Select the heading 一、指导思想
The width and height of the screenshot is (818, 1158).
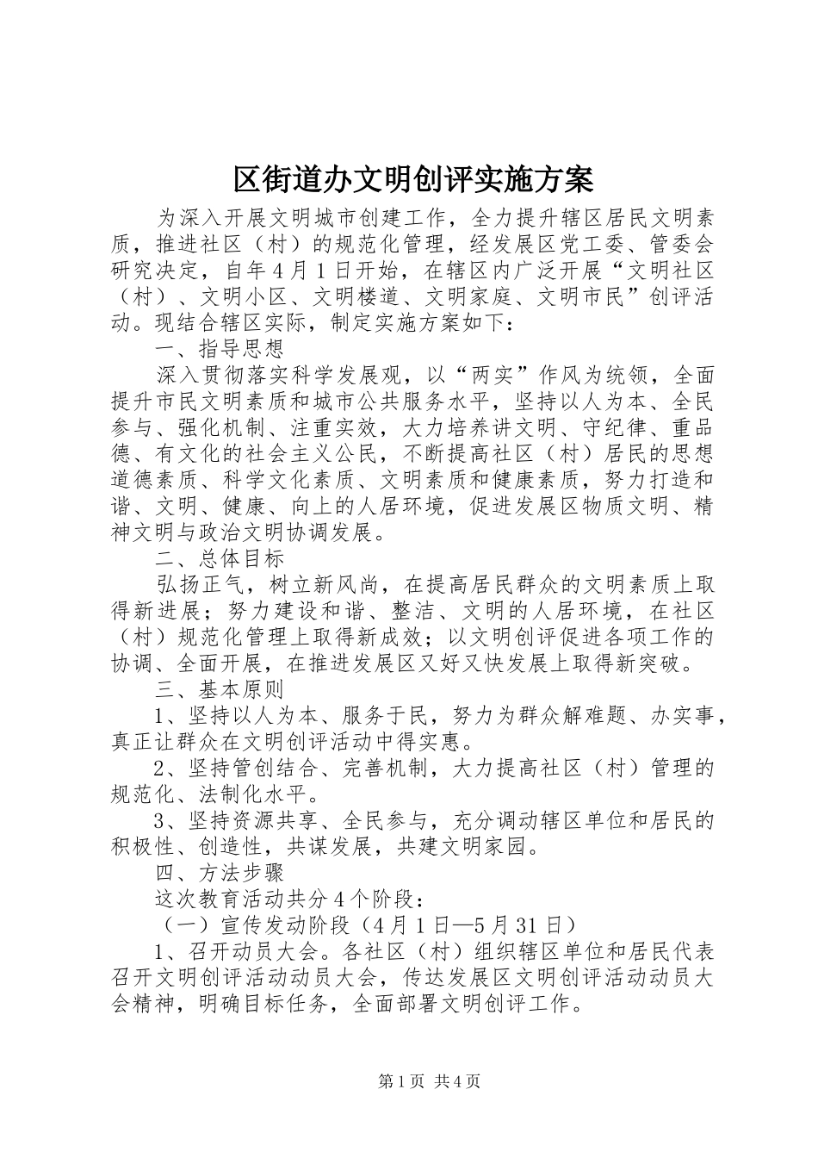(x=219, y=349)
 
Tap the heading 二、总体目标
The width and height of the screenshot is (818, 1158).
(x=219, y=558)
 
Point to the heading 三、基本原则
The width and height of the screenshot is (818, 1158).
(x=219, y=689)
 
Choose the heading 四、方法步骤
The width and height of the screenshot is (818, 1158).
(x=219, y=873)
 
